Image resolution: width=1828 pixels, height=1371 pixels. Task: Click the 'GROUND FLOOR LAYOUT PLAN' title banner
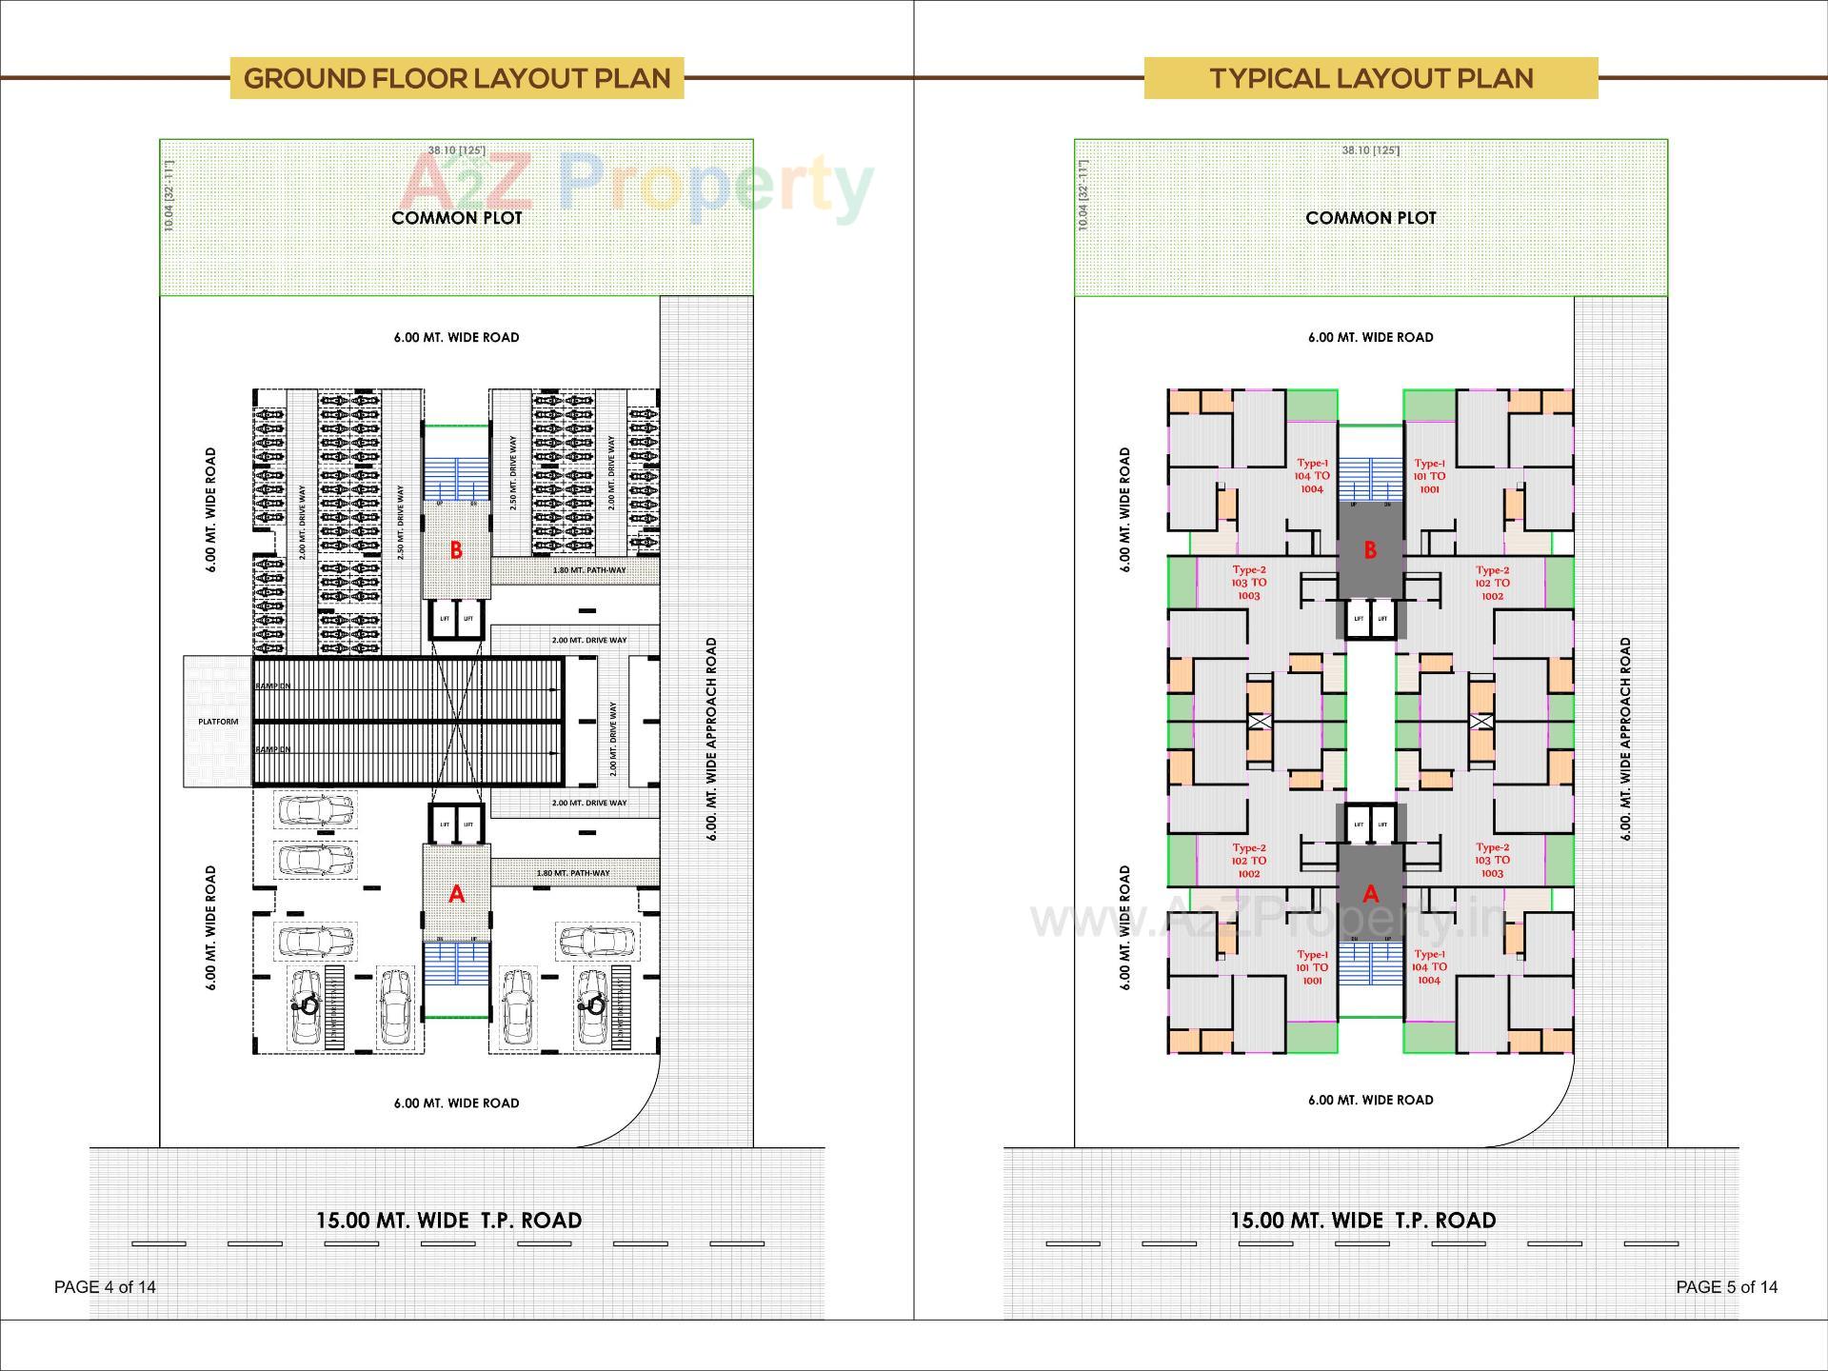[x=457, y=78]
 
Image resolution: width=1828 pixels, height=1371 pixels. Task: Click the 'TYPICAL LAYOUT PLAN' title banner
[x=1371, y=78]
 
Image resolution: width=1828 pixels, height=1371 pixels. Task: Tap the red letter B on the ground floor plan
[x=456, y=550]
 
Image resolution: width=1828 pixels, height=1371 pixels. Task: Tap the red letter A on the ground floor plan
[x=456, y=894]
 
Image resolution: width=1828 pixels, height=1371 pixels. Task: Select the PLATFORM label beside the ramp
[x=218, y=722]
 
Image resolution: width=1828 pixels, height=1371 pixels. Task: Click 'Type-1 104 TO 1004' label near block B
[x=1312, y=476]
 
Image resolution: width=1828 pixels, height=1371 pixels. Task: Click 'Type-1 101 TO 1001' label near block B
[x=1429, y=476]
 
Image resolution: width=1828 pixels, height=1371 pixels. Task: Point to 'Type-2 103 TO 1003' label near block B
[x=1249, y=583]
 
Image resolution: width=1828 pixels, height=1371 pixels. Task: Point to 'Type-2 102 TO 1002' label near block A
[x=1249, y=861]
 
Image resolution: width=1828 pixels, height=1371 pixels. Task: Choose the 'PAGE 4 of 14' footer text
[x=105, y=1287]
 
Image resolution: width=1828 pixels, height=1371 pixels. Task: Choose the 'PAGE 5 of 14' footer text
[x=1726, y=1287]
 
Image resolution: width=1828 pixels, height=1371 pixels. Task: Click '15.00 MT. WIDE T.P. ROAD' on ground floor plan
[x=448, y=1221]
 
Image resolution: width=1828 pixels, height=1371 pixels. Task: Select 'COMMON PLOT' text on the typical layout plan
[x=1370, y=218]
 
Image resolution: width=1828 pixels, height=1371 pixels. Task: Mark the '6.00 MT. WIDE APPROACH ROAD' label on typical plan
[x=1625, y=739]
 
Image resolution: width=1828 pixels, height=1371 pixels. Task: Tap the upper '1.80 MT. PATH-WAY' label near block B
[x=589, y=570]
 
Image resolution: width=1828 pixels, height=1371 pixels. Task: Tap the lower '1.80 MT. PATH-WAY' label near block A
[x=573, y=873]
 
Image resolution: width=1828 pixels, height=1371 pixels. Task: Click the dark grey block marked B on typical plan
[x=1370, y=550]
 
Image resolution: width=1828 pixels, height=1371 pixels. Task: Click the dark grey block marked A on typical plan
[x=1370, y=894]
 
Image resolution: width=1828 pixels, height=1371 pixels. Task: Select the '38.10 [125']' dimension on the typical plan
[x=1370, y=150]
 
